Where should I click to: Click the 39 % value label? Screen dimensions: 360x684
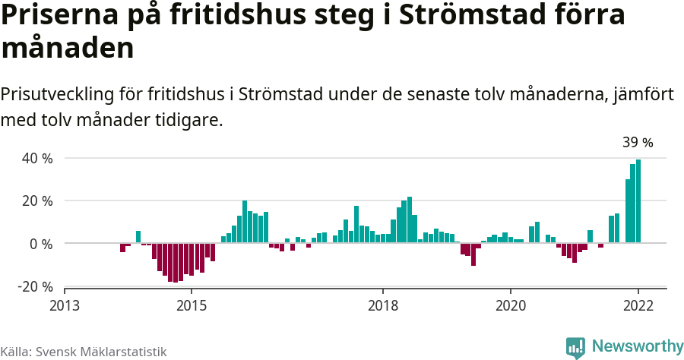point(638,142)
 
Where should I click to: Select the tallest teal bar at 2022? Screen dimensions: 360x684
point(638,201)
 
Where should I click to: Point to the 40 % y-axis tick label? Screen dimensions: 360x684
point(37,159)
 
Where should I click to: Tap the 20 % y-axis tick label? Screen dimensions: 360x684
point(37,201)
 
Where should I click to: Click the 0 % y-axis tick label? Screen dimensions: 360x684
point(41,244)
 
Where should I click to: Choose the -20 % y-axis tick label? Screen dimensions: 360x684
point(35,286)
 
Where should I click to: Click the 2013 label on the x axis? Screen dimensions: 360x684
point(65,305)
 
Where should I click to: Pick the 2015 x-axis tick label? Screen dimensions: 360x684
point(192,305)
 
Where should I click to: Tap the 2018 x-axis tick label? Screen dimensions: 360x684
point(383,305)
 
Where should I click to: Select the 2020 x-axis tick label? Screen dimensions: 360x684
point(511,305)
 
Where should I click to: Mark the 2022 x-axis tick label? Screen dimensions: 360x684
point(638,305)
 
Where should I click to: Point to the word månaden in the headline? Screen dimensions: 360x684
point(68,49)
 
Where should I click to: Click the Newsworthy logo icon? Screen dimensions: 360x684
point(575,346)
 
